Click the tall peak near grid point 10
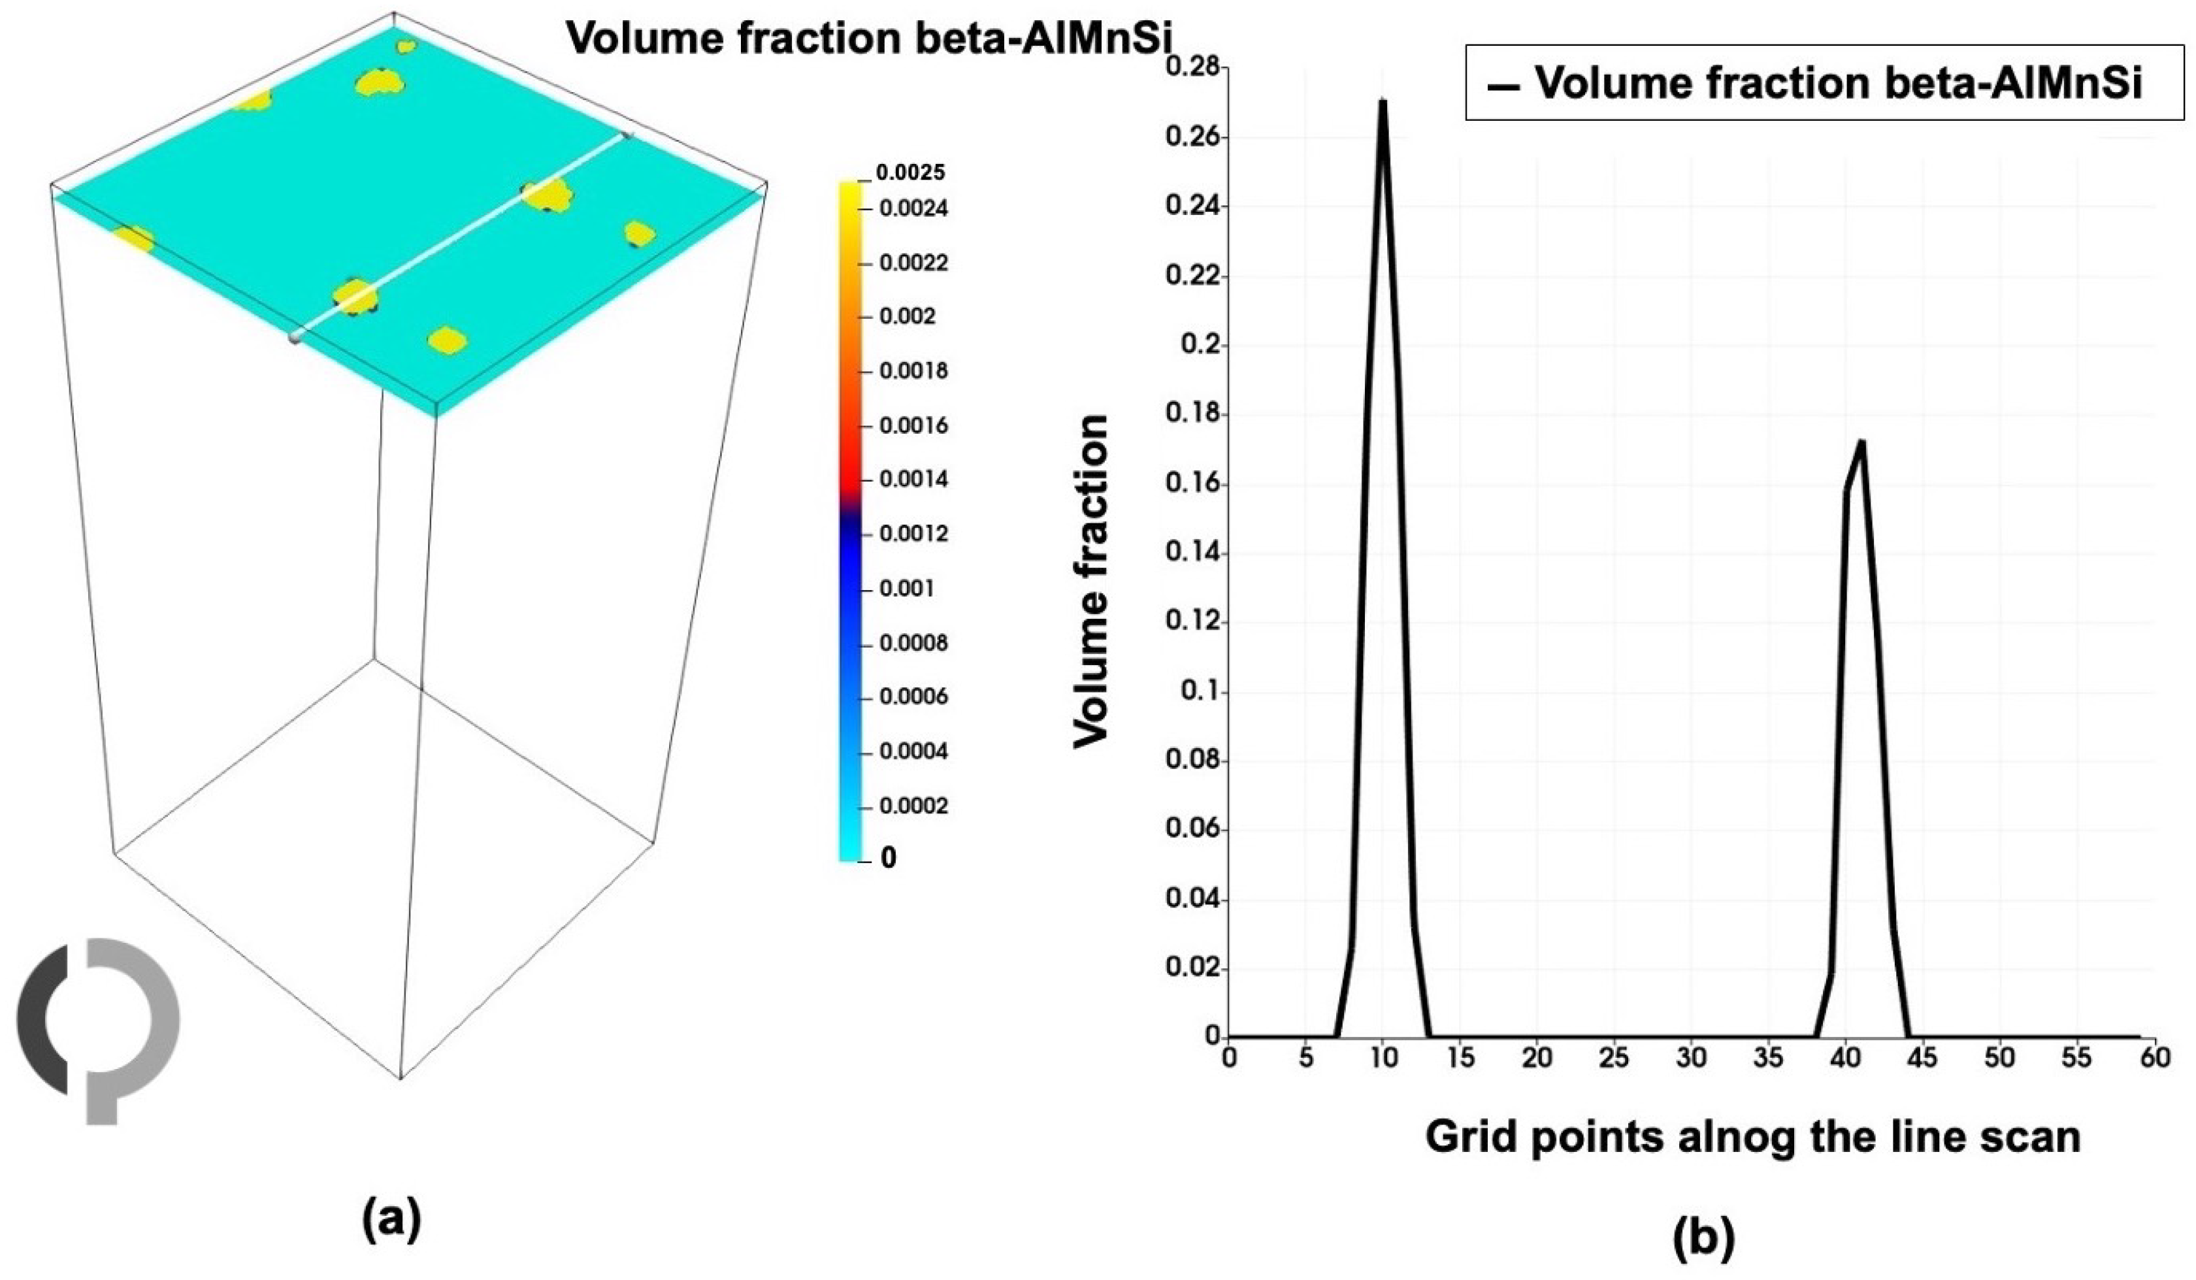[1382, 103]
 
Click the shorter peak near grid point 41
[1861, 442]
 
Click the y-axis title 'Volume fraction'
[1092, 580]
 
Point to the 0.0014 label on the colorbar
[913, 479]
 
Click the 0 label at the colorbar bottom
[888, 859]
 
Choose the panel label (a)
[391, 1218]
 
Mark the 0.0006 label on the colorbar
[913, 697]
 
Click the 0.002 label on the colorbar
[907, 316]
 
